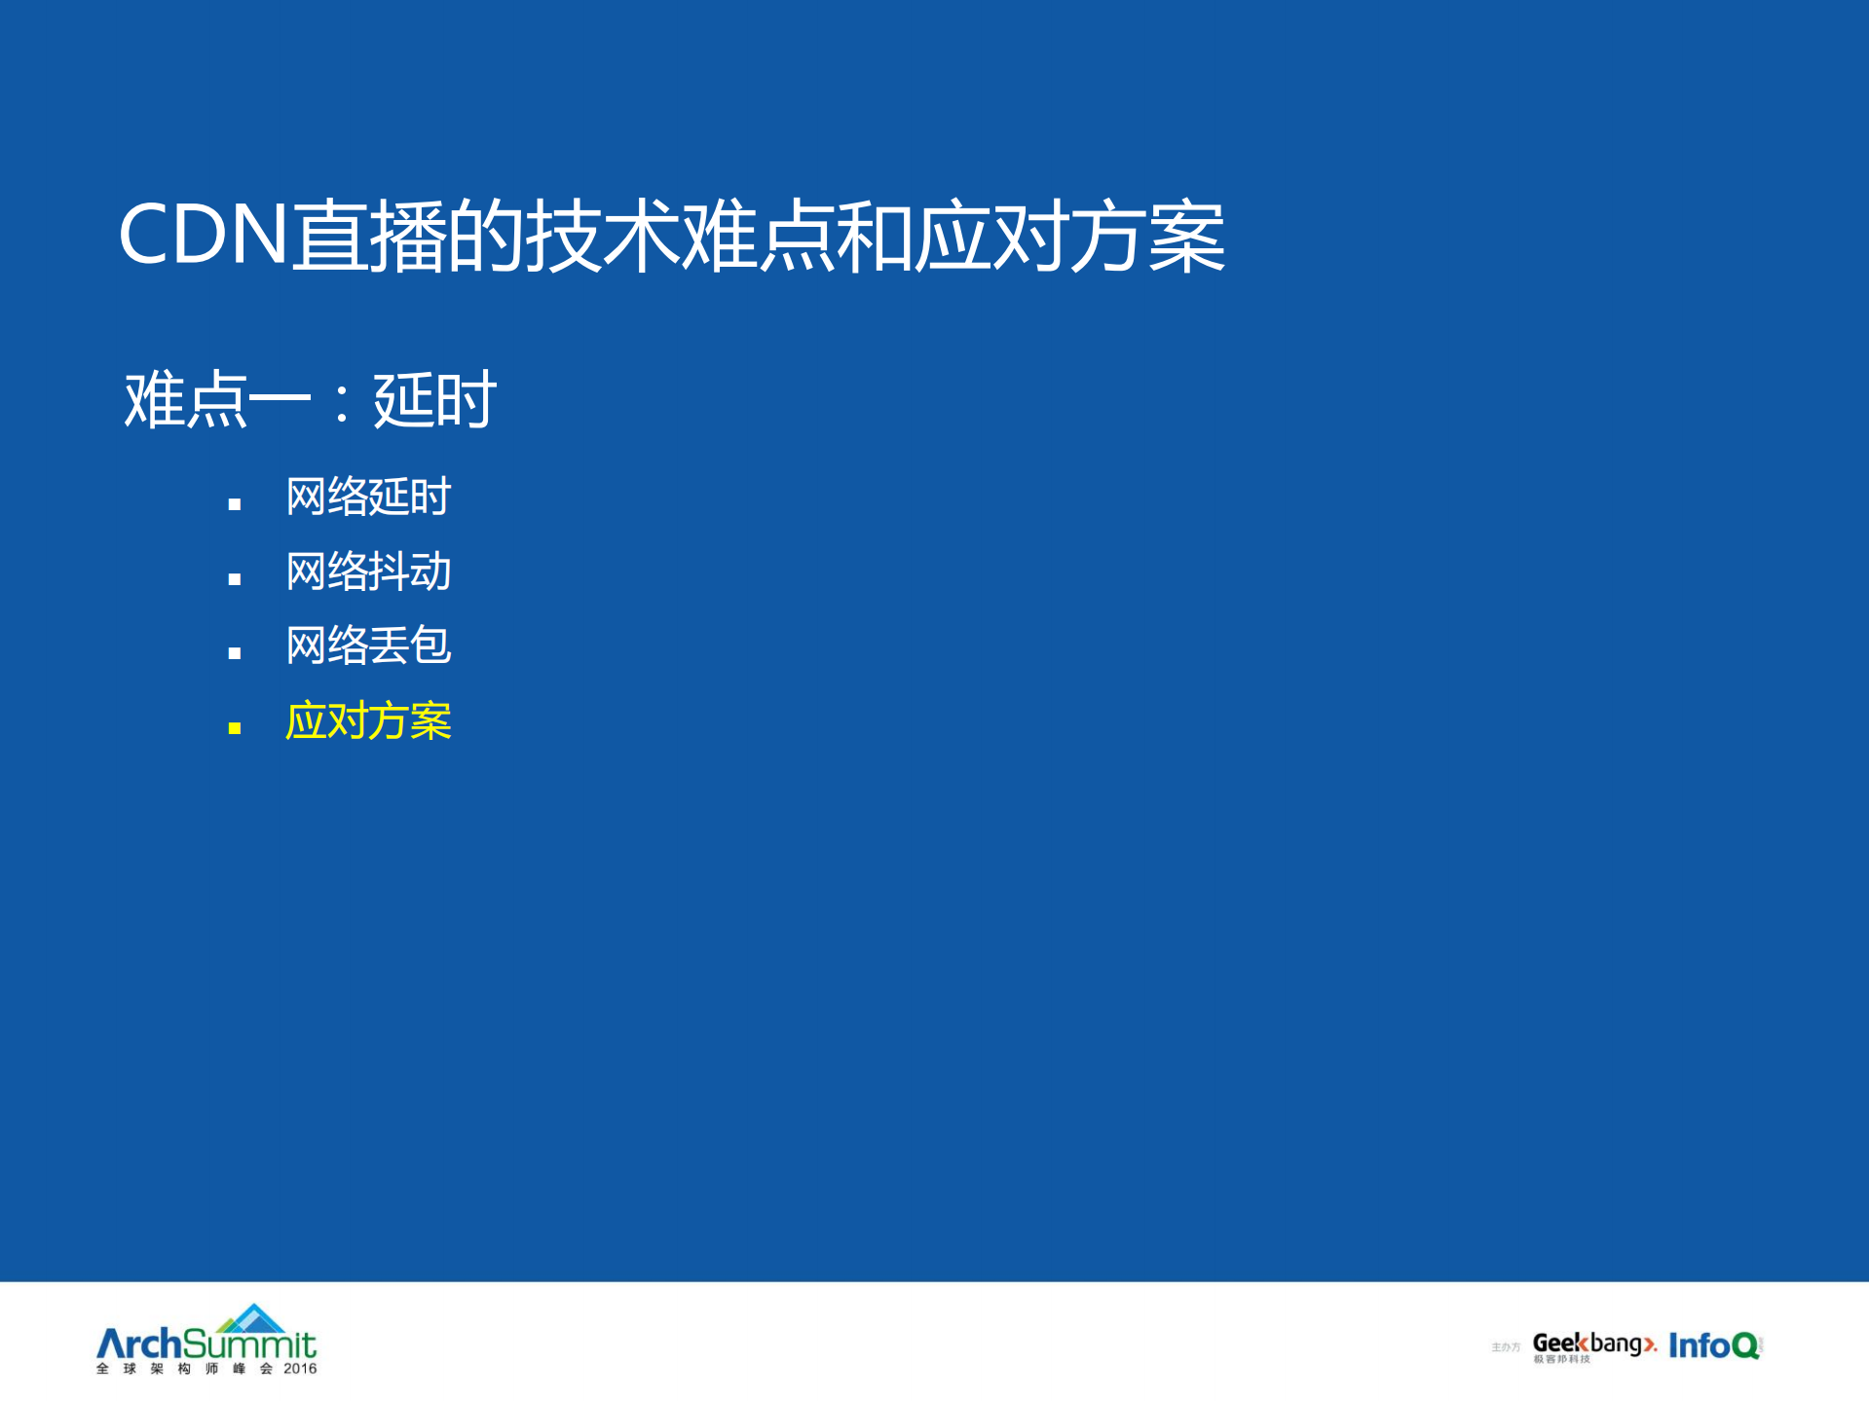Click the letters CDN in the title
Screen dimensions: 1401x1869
203,236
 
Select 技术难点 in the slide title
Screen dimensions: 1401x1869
679,236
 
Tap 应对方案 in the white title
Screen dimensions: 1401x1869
1069,236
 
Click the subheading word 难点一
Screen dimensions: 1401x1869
216,400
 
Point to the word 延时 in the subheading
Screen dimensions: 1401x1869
434,400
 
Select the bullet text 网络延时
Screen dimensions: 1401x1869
368,497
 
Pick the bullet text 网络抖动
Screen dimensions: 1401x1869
368,571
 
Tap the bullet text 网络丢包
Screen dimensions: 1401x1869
368,645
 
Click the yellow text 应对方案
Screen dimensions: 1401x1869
368,721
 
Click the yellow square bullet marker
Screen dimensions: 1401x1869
234,727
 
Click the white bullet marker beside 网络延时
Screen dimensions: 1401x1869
234,504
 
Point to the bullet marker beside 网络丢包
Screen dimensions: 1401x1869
234,653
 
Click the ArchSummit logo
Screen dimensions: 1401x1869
206,1345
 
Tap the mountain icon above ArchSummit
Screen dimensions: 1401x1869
251,1318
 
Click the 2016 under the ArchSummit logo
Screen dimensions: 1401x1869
300,1369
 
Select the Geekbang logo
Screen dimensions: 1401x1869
1593,1346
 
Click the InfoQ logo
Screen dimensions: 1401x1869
1715,1346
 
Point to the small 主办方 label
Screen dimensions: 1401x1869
1505,1347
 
